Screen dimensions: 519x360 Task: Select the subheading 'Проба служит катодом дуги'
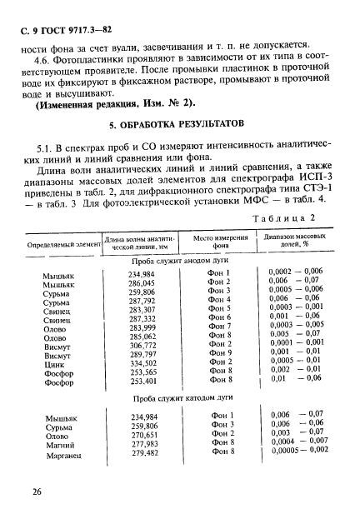pyautogui.click(x=181, y=399)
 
